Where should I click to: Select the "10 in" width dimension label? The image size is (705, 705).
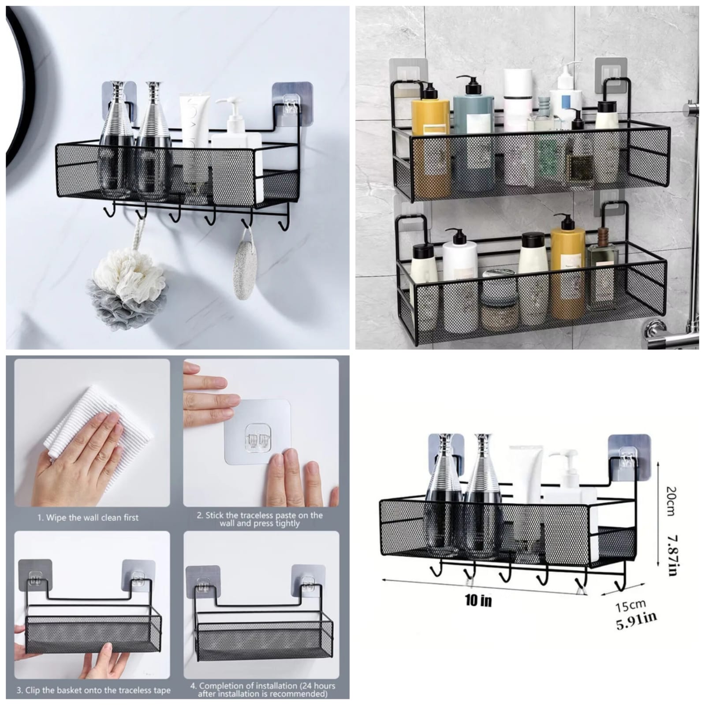tap(478, 600)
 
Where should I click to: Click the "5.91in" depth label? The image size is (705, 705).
tap(636, 621)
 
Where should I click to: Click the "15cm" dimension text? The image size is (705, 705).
tap(630, 606)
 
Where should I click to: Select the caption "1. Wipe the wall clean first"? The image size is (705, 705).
tap(88, 518)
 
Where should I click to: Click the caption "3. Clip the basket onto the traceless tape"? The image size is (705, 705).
tap(93, 690)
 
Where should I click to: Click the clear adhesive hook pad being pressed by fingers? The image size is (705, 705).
tap(258, 432)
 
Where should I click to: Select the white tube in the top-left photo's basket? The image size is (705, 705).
tap(194, 121)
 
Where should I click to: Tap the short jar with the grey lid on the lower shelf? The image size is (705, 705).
tap(500, 304)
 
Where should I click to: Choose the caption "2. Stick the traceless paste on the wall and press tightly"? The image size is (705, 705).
tap(260, 519)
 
